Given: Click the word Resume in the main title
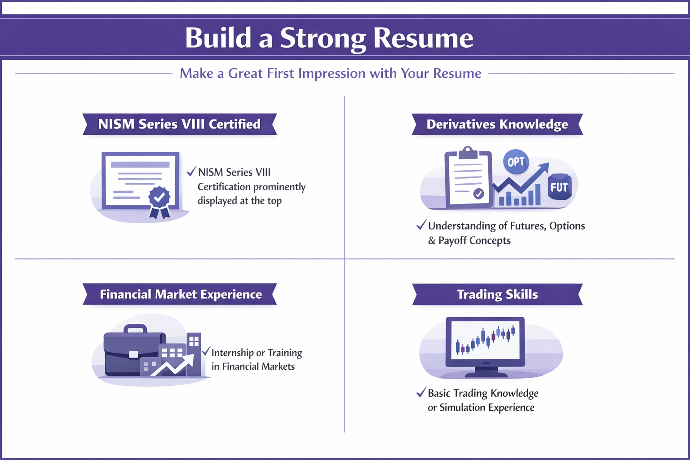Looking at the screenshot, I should (x=423, y=38).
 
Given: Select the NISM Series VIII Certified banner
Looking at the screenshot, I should (x=179, y=124).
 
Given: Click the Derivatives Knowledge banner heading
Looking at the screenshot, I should (x=497, y=124).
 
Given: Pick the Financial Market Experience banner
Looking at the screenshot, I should (x=180, y=294).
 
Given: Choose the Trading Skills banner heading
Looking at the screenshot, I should (x=497, y=294).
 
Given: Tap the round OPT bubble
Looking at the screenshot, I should (x=516, y=162).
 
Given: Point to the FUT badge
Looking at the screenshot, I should (x=559, y=187).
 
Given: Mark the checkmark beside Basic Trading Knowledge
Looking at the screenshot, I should (x=421, y=392).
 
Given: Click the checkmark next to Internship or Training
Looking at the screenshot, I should (x=206, y=351).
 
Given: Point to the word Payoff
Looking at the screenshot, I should (x=452, y=241).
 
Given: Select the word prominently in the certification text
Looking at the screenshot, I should (x=279, y=187).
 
